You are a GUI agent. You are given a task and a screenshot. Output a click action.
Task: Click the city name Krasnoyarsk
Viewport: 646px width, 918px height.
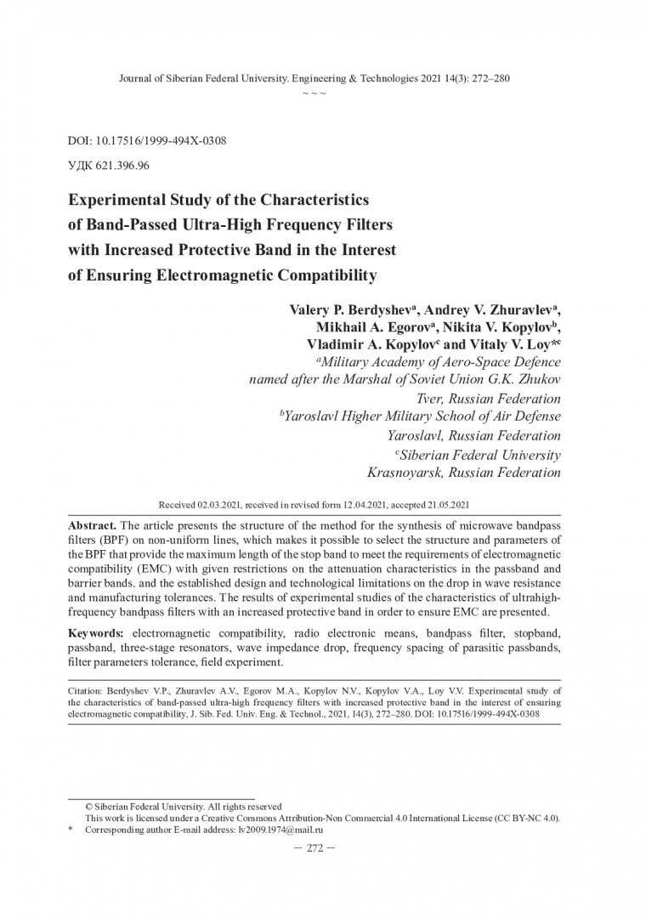406,472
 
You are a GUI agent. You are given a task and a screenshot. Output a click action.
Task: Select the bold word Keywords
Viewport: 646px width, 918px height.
94,634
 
